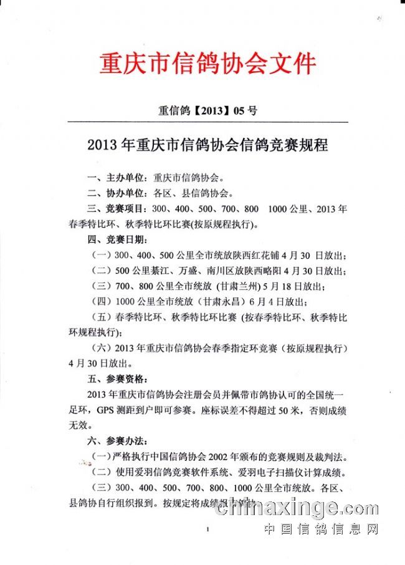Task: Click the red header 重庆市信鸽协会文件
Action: pyautogui.click(x=207, y=64)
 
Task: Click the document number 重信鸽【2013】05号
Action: pyautogui.click(x=207, y=112)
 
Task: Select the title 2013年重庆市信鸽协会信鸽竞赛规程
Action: pyautogui.click(x=207, y=146)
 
